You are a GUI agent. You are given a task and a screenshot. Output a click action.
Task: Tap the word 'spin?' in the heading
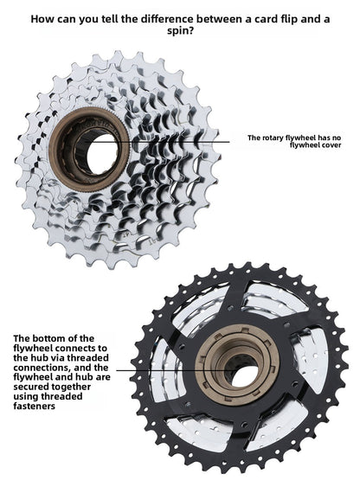click(180, 31)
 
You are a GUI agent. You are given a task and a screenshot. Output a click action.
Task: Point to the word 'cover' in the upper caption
click(331, 145)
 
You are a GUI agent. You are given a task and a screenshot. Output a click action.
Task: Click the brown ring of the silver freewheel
click(89, 150)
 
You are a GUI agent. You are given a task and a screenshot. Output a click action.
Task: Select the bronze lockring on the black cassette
click(237, 364)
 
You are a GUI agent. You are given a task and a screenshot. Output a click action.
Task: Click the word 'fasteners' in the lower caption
click(34, 406)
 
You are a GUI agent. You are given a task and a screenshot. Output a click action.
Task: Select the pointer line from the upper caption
click(157, 142)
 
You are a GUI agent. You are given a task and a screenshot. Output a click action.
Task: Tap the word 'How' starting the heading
click(41, 19)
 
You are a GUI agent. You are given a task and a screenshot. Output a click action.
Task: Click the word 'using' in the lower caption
click(26, 397)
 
